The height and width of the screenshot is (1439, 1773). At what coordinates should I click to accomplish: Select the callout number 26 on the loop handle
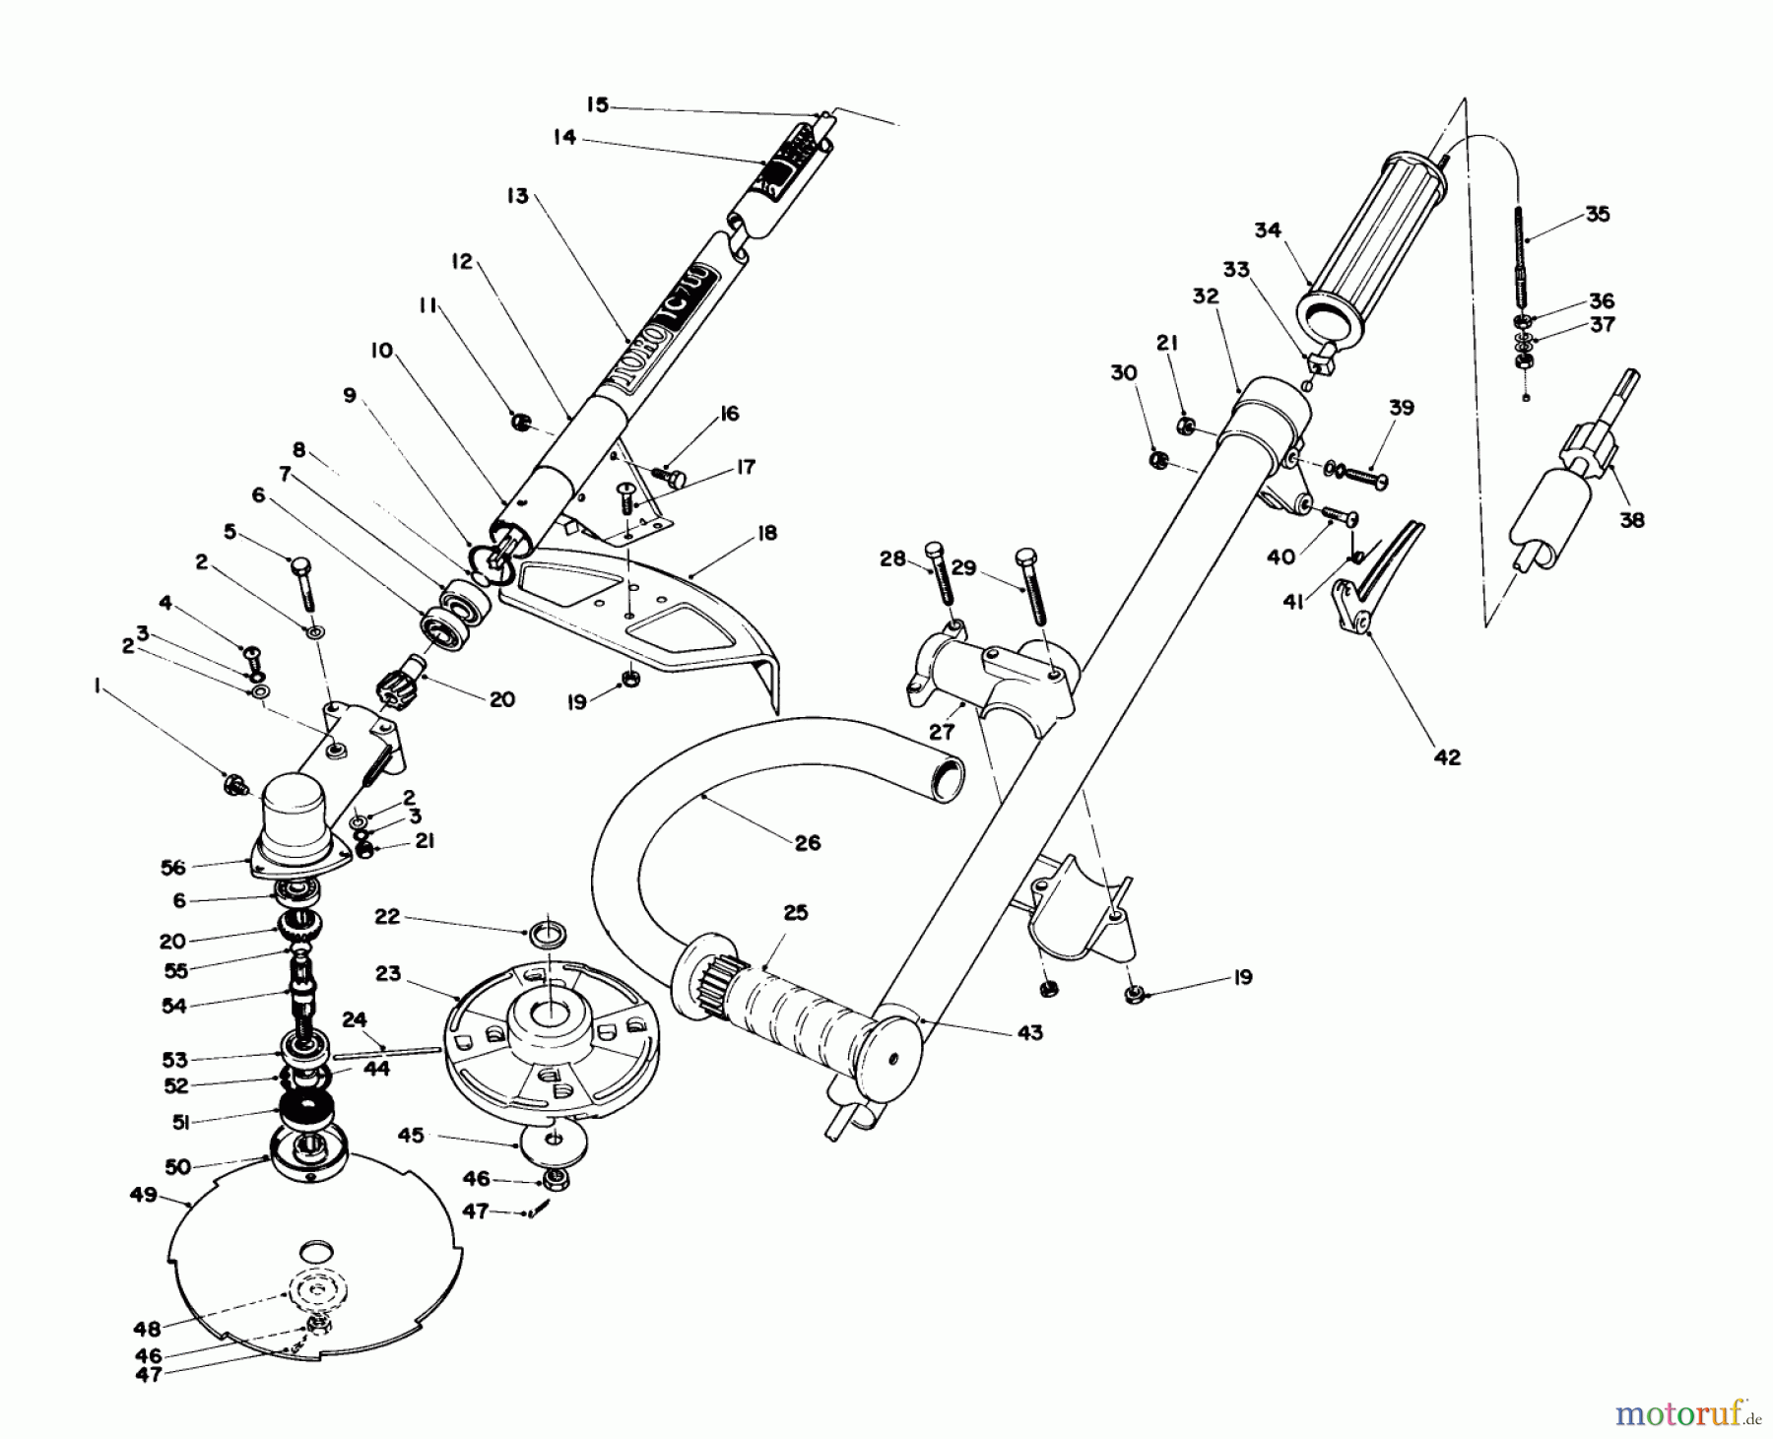coord(806,843)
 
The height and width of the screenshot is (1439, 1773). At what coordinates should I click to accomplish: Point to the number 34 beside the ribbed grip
coord(1267,229)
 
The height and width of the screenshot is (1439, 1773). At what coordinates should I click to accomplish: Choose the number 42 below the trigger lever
coord(1447,756)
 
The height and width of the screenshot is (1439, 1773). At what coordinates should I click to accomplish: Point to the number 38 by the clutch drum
coord(1631,519)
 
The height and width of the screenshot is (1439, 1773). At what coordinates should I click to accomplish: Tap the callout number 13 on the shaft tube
coord(518,196)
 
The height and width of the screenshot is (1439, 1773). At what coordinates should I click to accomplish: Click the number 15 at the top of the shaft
coord(597,104)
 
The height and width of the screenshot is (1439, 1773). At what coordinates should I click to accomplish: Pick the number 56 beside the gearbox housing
coord(172,866)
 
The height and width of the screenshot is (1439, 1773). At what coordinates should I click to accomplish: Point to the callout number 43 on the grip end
coord(1029,1032)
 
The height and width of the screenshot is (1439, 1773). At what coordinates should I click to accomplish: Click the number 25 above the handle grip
coord(795,912)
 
